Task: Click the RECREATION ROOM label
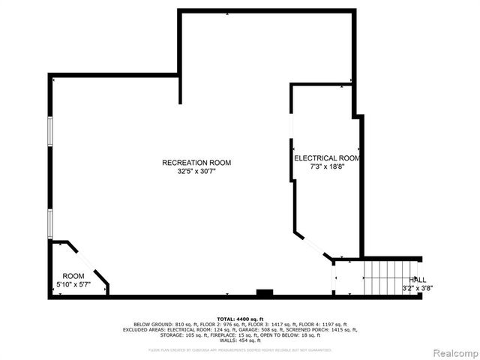196,163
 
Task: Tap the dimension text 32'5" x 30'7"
196,171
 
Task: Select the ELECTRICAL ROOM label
327,158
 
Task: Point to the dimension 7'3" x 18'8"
327,167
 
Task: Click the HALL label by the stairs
417,279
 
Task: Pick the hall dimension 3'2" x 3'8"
417,288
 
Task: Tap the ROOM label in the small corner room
73,276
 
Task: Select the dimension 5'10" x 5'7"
73,285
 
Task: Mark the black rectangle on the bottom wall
264,292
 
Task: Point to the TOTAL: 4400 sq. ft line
240,319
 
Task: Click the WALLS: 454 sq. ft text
240,340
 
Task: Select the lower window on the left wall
50,223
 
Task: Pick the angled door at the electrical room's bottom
314,247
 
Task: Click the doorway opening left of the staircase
334,279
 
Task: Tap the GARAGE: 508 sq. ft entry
259,329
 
